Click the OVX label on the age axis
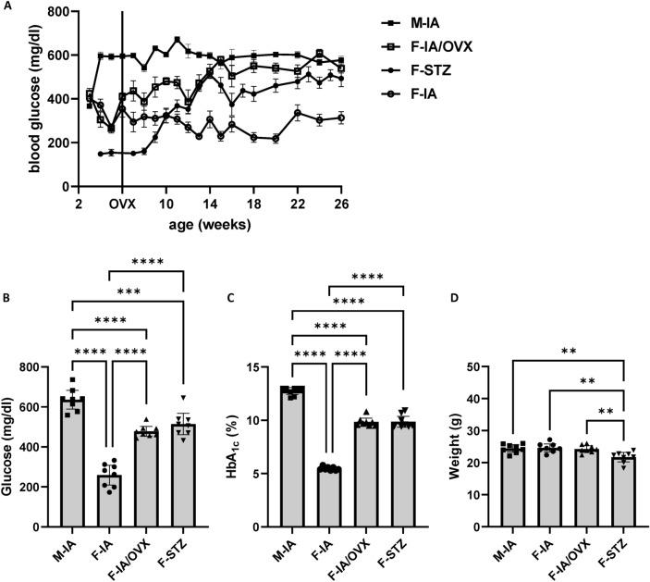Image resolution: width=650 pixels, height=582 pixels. (x=122, y=204)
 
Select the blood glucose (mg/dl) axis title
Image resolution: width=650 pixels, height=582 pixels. (x=13, y=99)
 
